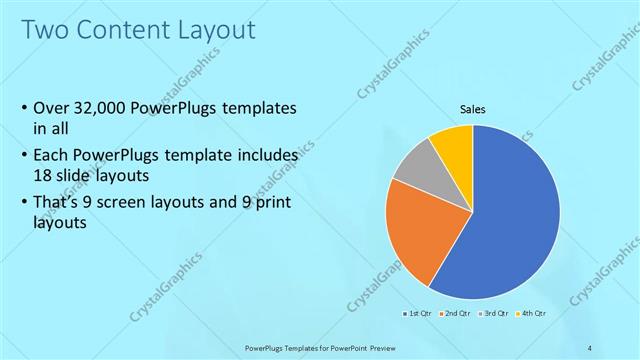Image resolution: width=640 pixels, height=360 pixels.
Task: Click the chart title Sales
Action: (473, 109)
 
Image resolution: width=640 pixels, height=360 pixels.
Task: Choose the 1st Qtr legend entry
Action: (417, 313)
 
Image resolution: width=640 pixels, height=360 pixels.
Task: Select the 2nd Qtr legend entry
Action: (456, 313)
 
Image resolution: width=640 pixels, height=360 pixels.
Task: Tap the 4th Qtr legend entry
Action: (532, 313)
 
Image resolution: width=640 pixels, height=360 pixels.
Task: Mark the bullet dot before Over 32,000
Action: (23, 108)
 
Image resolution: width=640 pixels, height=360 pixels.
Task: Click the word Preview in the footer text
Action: (408, 347)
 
